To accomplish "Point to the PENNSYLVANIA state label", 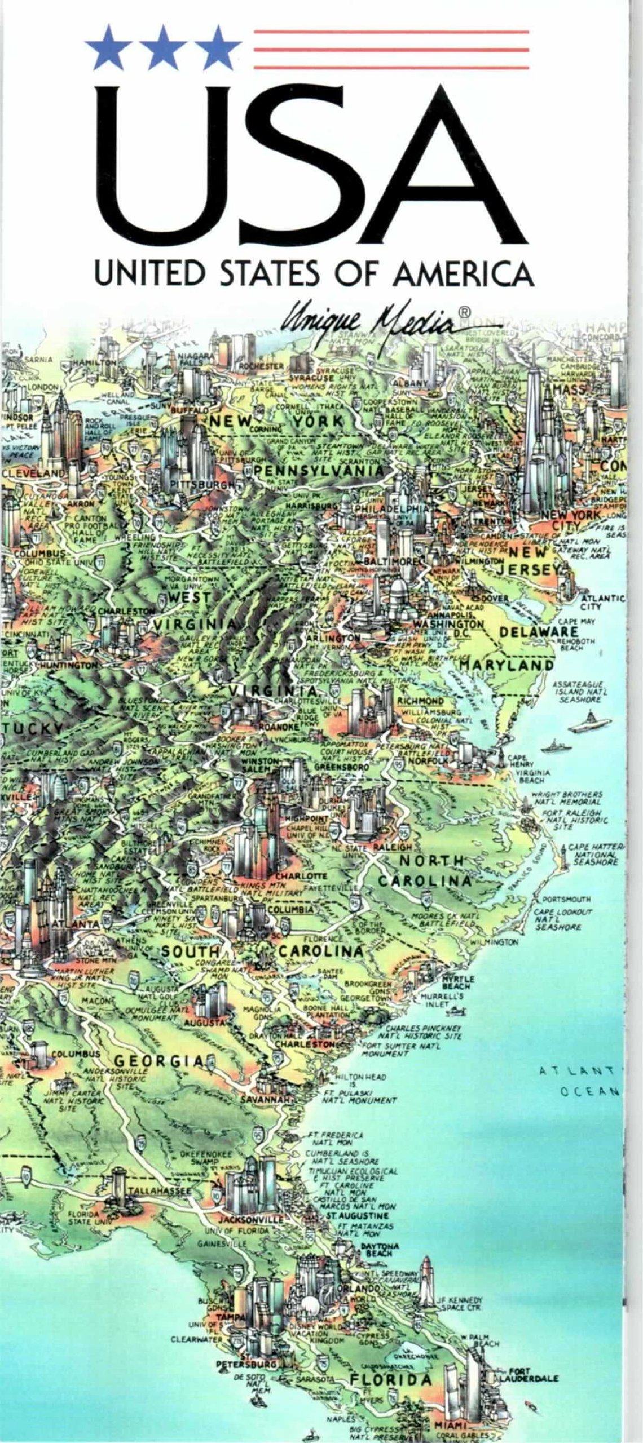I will (x=319, y=470).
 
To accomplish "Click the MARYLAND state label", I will (x=505, y=665).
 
